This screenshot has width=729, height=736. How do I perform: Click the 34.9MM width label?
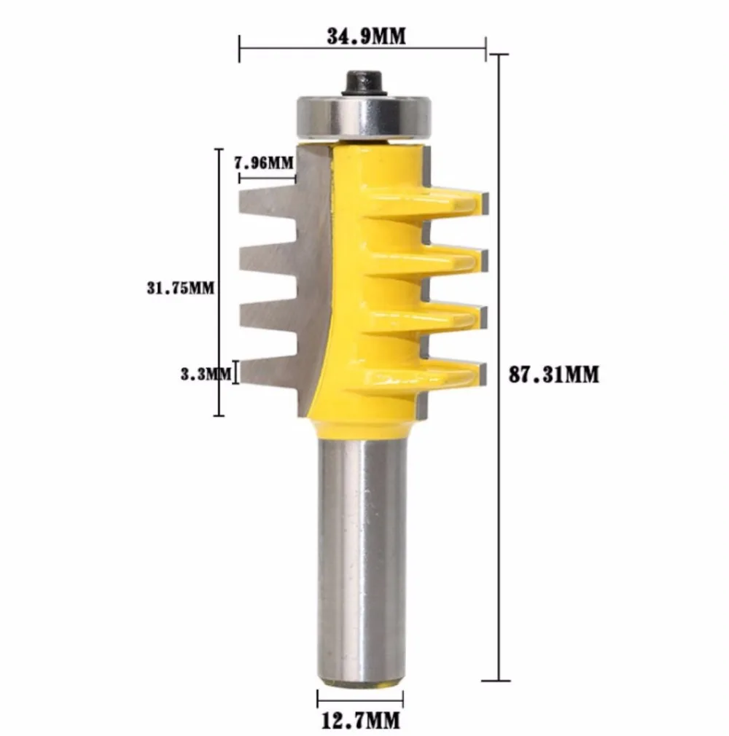click(366, 36)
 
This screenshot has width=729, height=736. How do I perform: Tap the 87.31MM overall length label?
click(554, 375)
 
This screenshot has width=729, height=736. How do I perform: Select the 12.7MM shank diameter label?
click(361, 720)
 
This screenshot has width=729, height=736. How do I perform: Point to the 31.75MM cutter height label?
click(180, 288)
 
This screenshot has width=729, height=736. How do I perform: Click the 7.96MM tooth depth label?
click(263, 163)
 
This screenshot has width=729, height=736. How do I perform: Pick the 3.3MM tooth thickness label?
click(206, 374)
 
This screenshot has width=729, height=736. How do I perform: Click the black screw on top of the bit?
click(363, 84)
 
